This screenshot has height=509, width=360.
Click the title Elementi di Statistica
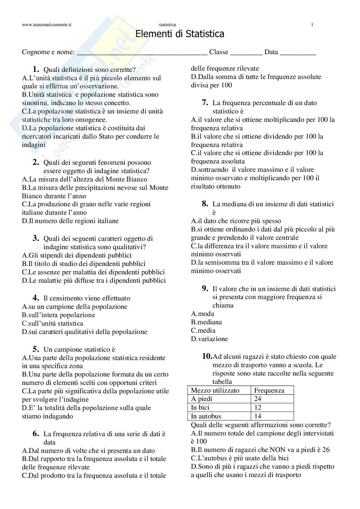click(x=180, y=34)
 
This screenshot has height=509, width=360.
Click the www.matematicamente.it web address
click(x=46, y=24)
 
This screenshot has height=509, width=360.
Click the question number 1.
click(x=36, y=69)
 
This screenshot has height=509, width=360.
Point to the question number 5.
click(x=36, y=349)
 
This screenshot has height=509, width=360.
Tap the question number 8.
click(x=205, y=204)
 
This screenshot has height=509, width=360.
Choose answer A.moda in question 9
click(x=203, y=314)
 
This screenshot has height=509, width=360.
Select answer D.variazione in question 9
click(x=209, y=339)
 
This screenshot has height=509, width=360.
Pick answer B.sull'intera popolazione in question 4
click(x=58, y=315)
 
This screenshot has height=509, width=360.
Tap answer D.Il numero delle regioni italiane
click(x=70, y=221)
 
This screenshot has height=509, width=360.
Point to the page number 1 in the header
click(x=312, y=24)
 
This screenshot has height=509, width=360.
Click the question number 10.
click(x=207, y=356)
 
